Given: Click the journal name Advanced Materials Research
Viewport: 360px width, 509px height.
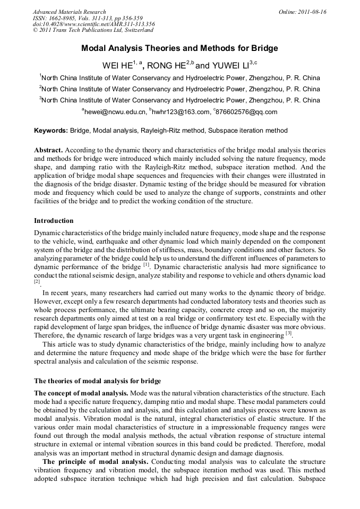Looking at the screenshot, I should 69,12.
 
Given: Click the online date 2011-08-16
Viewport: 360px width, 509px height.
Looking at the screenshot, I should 311,12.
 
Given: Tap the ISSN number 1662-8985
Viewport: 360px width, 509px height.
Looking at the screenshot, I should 61,18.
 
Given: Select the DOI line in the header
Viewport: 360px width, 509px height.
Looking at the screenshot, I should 93,24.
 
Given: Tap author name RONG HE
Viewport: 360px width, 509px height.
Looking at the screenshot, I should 165,66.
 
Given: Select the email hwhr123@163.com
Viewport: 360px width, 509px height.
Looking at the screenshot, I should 181,112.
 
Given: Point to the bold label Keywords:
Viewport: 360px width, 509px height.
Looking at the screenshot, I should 51,131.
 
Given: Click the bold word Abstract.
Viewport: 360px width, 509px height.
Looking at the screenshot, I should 49,150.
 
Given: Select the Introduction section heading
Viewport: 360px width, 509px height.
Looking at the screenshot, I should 54,220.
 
